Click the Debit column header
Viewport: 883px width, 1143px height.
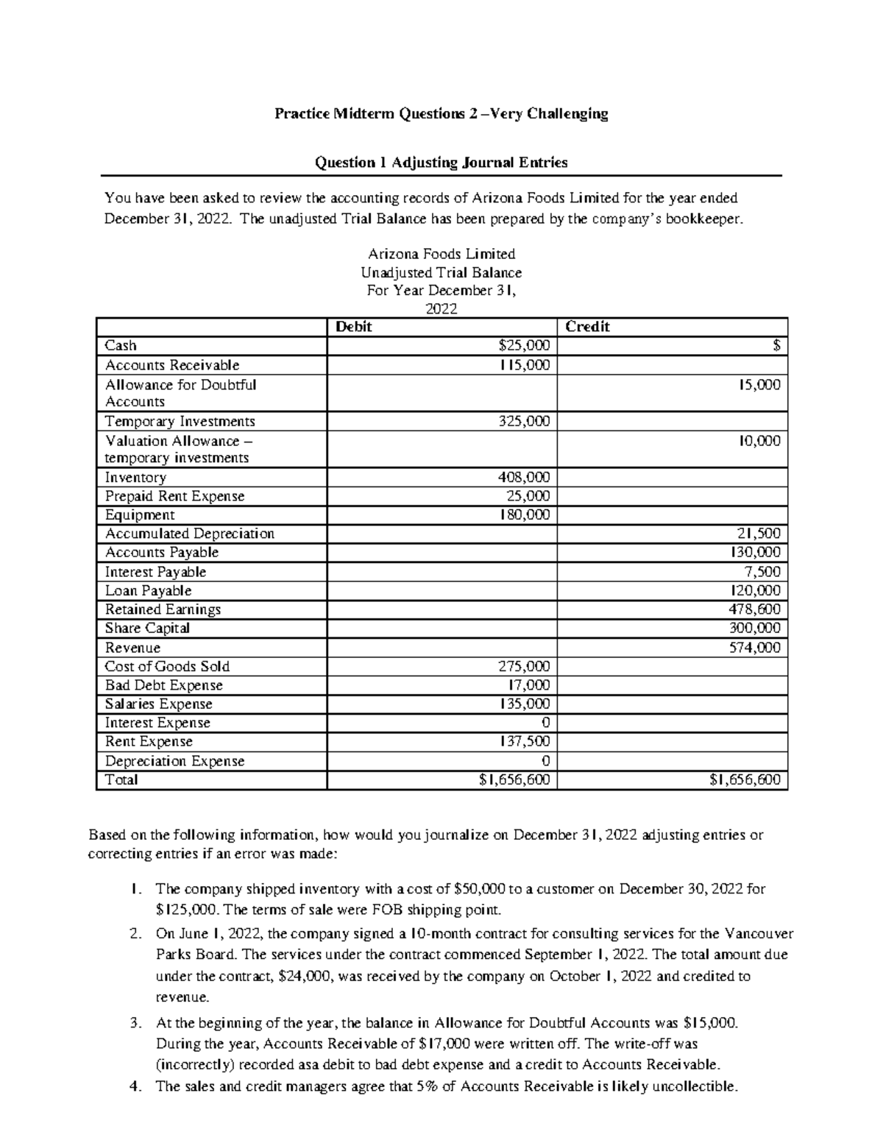(354, 327)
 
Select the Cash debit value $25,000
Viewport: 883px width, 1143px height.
(524, 346)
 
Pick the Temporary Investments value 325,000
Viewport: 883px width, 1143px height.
(524, 422)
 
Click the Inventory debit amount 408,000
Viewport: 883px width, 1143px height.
(524, 478)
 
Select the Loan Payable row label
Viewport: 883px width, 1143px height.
(148, 591)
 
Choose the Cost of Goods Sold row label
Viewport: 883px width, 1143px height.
(167, 667)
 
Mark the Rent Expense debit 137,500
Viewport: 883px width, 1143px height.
(524, 742)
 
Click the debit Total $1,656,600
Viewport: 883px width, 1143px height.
(514, 780)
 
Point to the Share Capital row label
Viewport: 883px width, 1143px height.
(147, 629)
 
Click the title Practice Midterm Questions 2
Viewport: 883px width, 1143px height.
(441, 114)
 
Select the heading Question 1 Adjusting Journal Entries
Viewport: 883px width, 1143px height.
(441, 163)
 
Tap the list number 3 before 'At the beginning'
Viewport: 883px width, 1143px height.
(134, 1023)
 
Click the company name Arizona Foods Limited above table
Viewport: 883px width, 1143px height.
(441, 255)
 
